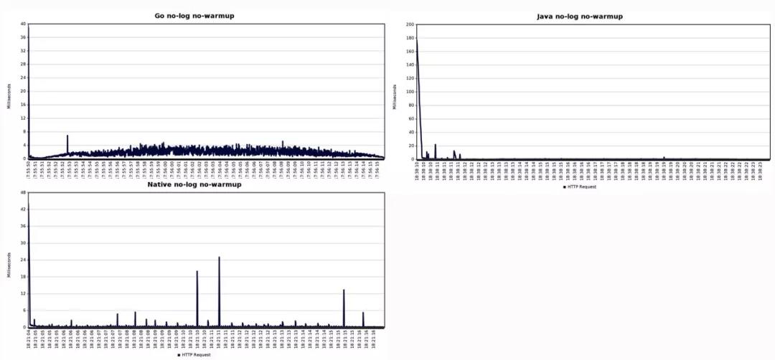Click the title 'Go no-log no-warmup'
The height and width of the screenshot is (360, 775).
pos(194,16)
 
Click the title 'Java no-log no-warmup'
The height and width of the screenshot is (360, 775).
pos(580,16)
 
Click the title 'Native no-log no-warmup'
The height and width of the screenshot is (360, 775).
pos(194,185)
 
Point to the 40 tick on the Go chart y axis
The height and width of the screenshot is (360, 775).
pos(24,24)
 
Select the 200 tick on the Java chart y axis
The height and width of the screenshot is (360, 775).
pos(410,24)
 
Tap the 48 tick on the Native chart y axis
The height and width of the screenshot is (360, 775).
pos(24,194)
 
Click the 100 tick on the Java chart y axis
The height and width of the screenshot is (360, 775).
pos(410,92)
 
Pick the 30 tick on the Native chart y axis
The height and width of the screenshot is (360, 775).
pos(24,243)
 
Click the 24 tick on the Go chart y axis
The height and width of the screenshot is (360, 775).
pos(24,78)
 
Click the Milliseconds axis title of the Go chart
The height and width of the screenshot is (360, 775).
pos(9,91)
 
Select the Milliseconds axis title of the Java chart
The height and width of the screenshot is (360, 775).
pos(394,97)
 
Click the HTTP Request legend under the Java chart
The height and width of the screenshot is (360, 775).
pos(581,187)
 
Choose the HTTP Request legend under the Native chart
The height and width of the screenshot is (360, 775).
pos(194,355)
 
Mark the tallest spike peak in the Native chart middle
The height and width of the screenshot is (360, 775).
pos(219,257)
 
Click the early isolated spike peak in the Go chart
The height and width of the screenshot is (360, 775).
pos(67,136)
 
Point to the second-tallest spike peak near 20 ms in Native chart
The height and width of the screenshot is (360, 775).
pos(197,271)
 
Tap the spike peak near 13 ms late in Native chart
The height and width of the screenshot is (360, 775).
pos(344,290)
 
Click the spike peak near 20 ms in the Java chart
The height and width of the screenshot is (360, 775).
pos(435,145)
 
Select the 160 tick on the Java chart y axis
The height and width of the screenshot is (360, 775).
pos(410,52)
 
